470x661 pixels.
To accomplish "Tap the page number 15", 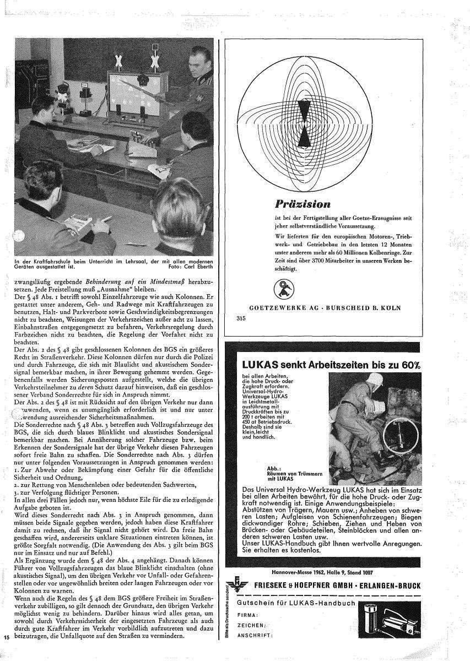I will pyautogui.click(x=7, y=637).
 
